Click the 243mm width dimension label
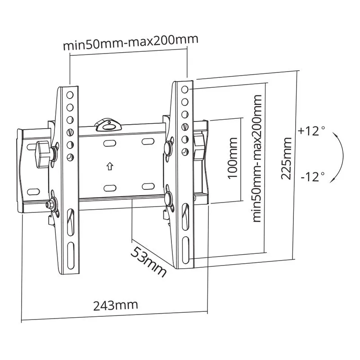[x=116, y=305]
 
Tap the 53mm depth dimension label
[x=148, y=262]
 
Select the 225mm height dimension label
[x=286, y=158]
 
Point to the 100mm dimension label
[x=232, y=158]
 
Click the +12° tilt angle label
[x=311, y=131]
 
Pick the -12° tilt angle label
[x=313, y=177]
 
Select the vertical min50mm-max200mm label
[x=257, y=158]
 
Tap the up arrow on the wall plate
[x=110, y=166]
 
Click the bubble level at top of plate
[x=108, y=125]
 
